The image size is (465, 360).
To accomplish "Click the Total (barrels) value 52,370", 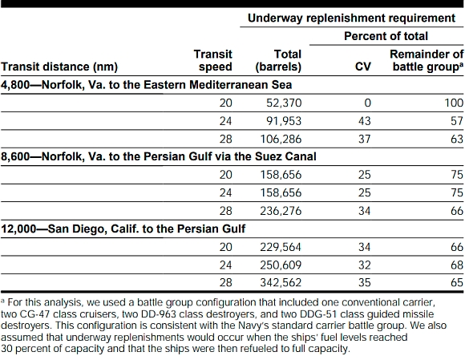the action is point(284,103).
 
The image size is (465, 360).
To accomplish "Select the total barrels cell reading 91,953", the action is point(284,121).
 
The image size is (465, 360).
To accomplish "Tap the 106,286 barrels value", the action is point(281,139).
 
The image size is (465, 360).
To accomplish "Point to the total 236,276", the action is point(281,211).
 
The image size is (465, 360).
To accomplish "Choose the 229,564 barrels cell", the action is point(281,247).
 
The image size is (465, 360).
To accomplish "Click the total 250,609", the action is point(281,265).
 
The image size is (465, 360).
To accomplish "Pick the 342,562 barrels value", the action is point(281,282).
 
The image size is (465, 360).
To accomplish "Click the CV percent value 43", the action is point(365,121).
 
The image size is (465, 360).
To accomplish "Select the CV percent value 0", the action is point(367,103).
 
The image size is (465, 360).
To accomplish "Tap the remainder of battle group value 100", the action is point(454,103).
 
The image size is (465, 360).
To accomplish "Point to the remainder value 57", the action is point(457,121).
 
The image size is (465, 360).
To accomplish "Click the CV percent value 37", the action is point(365,139).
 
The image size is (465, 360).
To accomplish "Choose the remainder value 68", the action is point(457,265).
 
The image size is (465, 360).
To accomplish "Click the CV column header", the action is point(363,67).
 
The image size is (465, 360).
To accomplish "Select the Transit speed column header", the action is point(213,60).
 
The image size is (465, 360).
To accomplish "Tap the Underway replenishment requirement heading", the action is point(351,18).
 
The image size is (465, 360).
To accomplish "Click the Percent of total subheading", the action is point(386,36).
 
